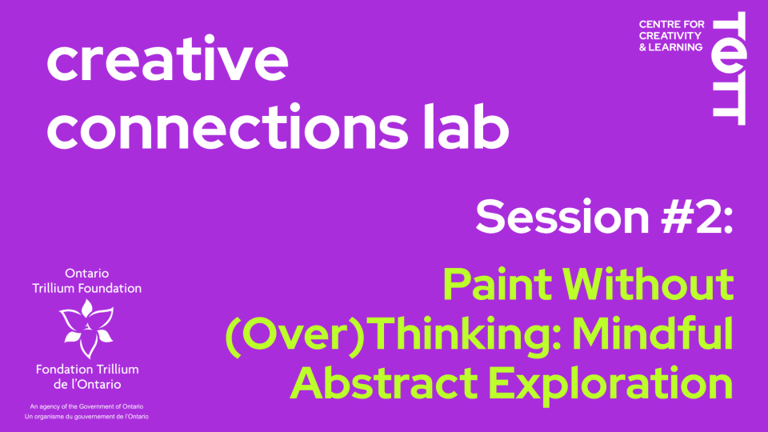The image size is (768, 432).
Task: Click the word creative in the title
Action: point(167,58)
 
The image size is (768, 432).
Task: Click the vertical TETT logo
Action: point(730,69)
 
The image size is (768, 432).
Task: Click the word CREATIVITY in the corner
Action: point(670,36)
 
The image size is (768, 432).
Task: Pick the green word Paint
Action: point(497,284)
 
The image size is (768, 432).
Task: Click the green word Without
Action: point(647,284)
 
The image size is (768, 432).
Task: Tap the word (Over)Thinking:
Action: point(393,335)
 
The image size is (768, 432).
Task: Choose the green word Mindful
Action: point(653,333)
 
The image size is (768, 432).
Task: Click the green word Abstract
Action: point(384,383)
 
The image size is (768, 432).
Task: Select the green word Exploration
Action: point(610,386)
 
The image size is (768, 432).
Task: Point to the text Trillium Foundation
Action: point(86,288)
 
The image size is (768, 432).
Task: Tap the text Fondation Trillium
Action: point(87,370)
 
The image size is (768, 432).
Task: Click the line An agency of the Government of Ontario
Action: point(86,406)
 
